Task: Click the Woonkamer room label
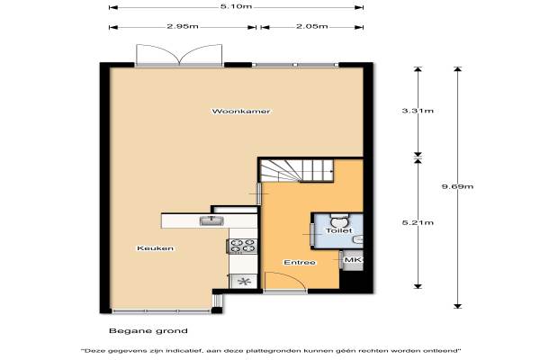241,112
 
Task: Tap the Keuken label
156,248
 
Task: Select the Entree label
300,263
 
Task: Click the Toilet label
339,230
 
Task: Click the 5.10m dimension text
236,6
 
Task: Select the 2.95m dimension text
183,26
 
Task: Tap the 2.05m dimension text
312,26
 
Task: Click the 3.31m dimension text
418,111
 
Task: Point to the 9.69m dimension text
458,186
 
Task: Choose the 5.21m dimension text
418,222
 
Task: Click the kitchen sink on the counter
211,220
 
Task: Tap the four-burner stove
242,246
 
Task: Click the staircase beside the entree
296,170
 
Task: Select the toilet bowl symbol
340,219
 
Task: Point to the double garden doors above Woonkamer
179,54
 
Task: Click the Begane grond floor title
148,331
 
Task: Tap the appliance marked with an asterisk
244,282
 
